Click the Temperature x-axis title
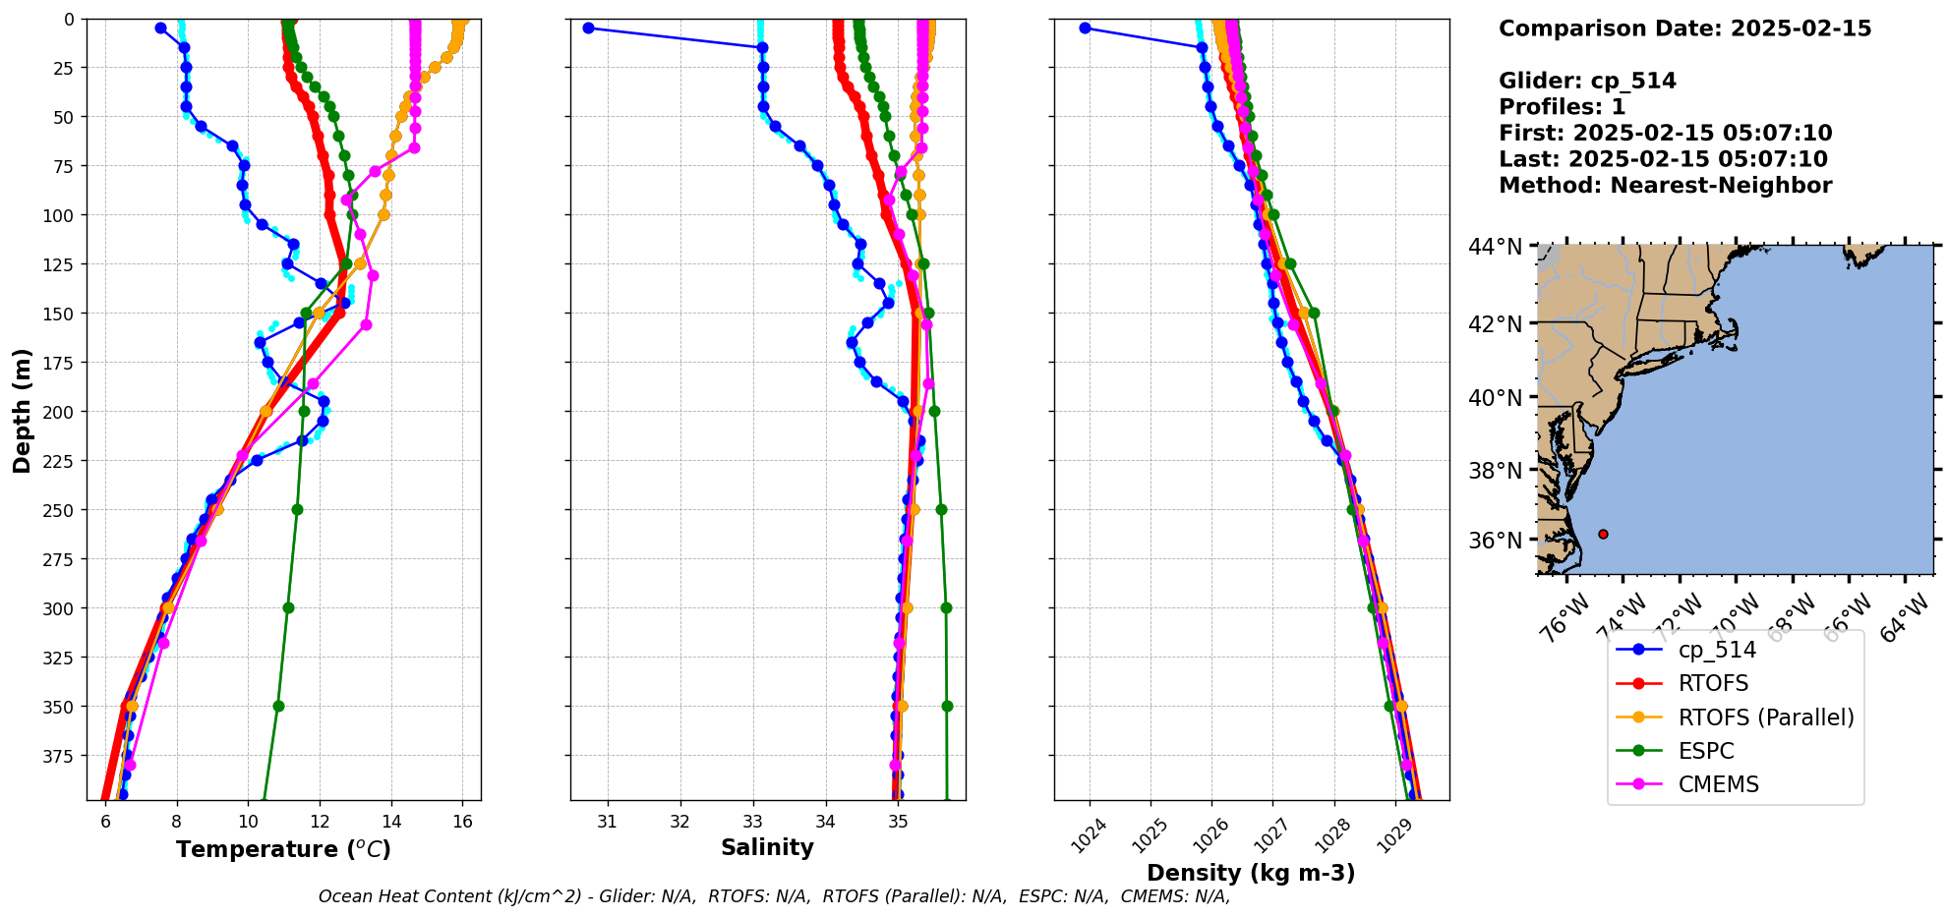(x=283, y=849)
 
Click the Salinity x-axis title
(x=767, y=847)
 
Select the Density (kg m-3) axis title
(x=1251, y=873)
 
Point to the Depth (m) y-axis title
(x=23, y=410)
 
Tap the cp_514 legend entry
(x=1716, y=650)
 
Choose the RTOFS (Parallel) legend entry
(x=1765, y=717)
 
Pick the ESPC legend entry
(x=1706, y=751)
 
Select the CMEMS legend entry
(x=1718, y=784)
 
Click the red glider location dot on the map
(x=1603, y=534)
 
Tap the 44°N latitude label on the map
(x=1495, y=247)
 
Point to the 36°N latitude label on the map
(x=1495, y=541)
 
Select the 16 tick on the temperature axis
(x=462, y=822)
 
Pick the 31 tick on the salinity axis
(x=608, y=822)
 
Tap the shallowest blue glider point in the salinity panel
(x=588, y=28)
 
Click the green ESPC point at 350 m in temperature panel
(x=278, y=706)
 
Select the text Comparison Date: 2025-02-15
(x=1684, y=29)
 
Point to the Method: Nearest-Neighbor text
(x=1665, y=186)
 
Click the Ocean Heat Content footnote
(x=774, y=896)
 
